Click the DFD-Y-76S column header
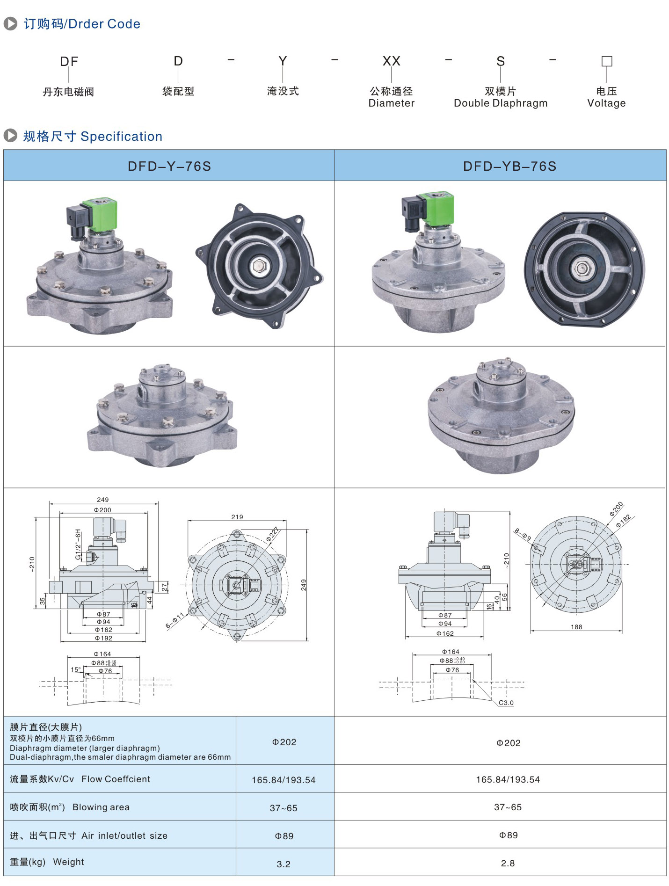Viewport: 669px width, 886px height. (x=169, y=166)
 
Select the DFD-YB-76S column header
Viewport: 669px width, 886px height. (x=510, y=166)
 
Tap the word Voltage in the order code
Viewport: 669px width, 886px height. (x=606, y=103)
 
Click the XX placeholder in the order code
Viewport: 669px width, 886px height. (x=391, y=61)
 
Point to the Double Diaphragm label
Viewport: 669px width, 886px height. (x=501, y=103)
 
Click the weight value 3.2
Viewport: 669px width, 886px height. (x=284, y=864)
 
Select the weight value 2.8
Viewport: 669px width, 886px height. (x=508, y=863)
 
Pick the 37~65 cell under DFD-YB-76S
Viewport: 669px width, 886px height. (x=508, y=807)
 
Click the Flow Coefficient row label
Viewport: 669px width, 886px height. (x=80, y=779)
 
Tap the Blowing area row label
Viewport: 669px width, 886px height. (x=70, y=807)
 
